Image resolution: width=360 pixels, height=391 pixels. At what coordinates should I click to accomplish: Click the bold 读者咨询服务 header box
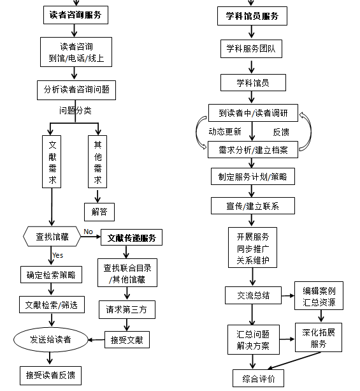pos(76,15)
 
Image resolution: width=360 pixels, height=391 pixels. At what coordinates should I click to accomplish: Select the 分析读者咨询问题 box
pos(76,90)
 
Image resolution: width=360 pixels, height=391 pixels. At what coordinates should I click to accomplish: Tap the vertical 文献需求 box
pos(52,161)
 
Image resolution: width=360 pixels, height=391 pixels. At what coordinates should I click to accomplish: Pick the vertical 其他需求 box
pos(97,161)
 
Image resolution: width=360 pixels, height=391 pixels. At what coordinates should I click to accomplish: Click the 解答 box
pos(99,212)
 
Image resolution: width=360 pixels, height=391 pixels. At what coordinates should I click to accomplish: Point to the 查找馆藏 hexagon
pos(52,237)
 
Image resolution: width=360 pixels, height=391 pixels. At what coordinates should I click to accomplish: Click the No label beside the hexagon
pos(88,232)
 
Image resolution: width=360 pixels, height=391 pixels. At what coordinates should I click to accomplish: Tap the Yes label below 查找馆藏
pos(58,255)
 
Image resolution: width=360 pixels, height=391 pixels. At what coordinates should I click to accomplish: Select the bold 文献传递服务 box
pos(131,237)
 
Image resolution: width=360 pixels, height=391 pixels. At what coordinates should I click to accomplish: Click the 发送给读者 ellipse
pos(51,339)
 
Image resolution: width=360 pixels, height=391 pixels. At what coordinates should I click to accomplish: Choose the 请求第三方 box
pos(127,310)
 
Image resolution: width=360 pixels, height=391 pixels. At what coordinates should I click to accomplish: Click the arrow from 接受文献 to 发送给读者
pos(96,339)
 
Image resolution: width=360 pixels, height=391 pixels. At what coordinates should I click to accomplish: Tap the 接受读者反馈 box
pos(50,376)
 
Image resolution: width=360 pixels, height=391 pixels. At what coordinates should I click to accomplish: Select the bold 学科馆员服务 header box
pos(252,16)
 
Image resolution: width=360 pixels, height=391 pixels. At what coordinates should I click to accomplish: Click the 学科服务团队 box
pos(252,48)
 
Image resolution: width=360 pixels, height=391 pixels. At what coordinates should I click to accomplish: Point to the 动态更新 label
pos(225,131)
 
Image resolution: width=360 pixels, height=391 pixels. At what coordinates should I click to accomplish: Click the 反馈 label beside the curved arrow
pos(281,132)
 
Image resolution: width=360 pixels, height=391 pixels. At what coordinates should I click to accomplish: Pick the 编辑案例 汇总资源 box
pos(319,296)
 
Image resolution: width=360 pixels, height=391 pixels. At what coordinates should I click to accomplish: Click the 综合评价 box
pos(258,378)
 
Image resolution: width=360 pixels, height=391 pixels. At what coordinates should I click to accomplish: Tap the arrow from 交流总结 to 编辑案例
pos(288,296)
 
